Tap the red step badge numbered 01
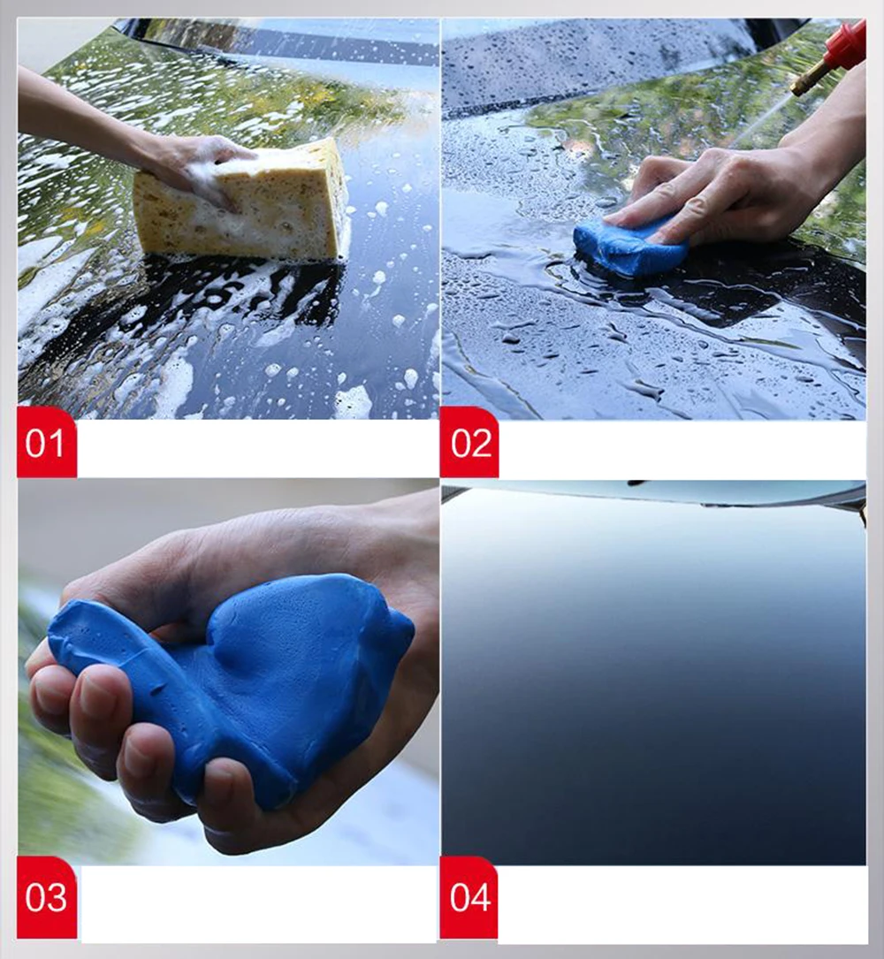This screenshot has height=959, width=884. (46, 442)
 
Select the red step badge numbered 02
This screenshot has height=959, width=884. (469, 442)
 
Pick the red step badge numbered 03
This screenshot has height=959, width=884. (47, 896)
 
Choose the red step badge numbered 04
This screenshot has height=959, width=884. (469, 896)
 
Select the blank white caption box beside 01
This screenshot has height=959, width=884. (257, 448)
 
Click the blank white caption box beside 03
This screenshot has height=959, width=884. (259, 902)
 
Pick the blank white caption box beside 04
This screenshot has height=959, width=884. (682, 902)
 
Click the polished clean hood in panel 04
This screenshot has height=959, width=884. (653, 679)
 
